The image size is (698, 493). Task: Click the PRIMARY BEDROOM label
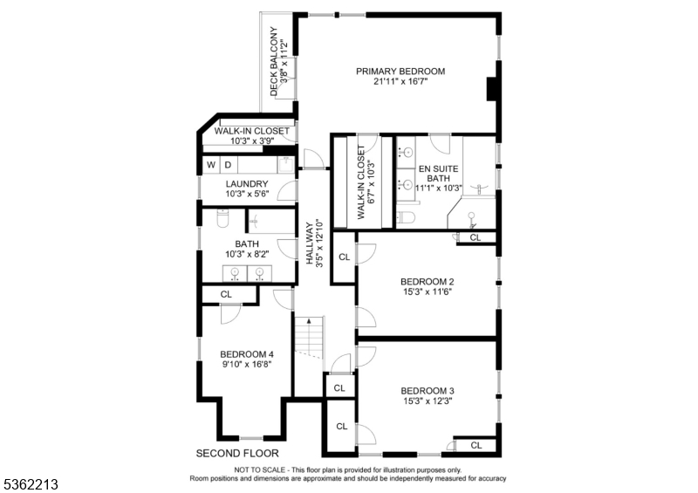(x=400, y=72)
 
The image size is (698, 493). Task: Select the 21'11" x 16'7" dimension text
(x=400, y=83)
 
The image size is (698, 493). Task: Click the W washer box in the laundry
(x=210, y=164)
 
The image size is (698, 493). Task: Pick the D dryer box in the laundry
(x=228, y=164)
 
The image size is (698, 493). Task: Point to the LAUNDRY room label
(x=246, y=183)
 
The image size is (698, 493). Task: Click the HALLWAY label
(x=309, y=243)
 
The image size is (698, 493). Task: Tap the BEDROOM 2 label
(x=428, y=281)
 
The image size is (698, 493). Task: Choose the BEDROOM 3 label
(x=428, y=390)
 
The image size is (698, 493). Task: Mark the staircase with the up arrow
(x=308, y=339)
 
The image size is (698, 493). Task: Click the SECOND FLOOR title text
(x=236, y=453)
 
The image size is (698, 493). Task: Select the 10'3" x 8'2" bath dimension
(x=246, y=255)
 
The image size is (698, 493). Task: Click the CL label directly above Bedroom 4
(x=226, y=294)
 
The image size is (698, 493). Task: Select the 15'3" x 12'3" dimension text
(x=428, y=401)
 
